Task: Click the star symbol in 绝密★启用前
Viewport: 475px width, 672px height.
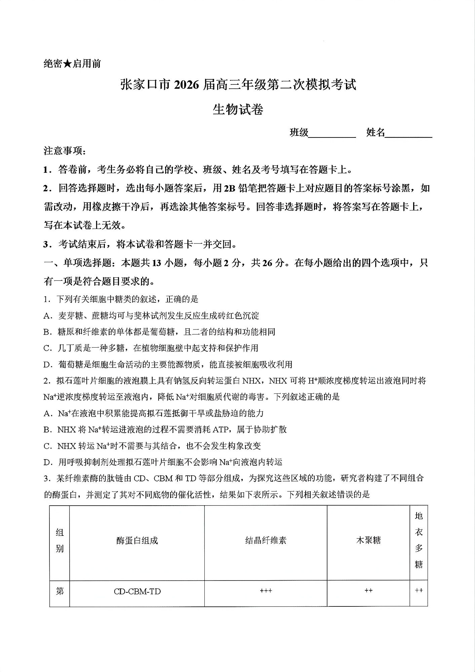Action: (67, 64)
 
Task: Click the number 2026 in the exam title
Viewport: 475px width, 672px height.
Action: (187, 85)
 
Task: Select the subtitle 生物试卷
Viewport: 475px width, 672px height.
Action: (238, 110)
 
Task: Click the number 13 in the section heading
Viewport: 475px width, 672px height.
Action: (157, 263)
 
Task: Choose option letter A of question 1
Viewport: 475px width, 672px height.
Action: (47, 316)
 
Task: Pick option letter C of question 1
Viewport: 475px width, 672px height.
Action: (47, 348)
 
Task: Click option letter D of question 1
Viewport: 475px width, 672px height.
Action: (47, 364)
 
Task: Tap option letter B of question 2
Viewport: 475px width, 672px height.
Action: (47, 430)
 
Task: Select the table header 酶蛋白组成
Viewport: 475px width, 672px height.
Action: (137, 541)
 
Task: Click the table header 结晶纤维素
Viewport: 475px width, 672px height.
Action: (266, 541)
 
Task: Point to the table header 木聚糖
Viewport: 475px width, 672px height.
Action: (368, 541)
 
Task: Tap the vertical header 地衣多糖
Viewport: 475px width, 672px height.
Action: (419, 540)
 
